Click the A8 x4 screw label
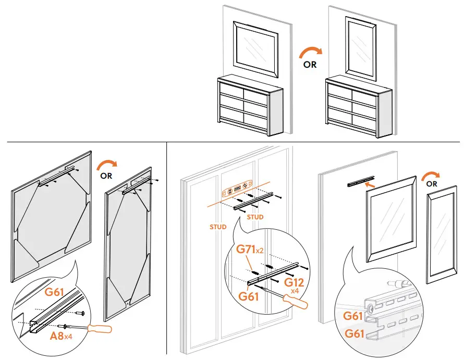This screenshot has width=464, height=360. (62, 336)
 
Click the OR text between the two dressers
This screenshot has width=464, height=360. (310, 66)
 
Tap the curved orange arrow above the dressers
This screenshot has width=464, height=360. (310, 52)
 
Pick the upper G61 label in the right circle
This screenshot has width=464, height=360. (354, 315)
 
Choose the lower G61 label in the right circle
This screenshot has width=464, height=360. (354, 333)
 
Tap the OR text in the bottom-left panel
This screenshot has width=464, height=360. (106, 176)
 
